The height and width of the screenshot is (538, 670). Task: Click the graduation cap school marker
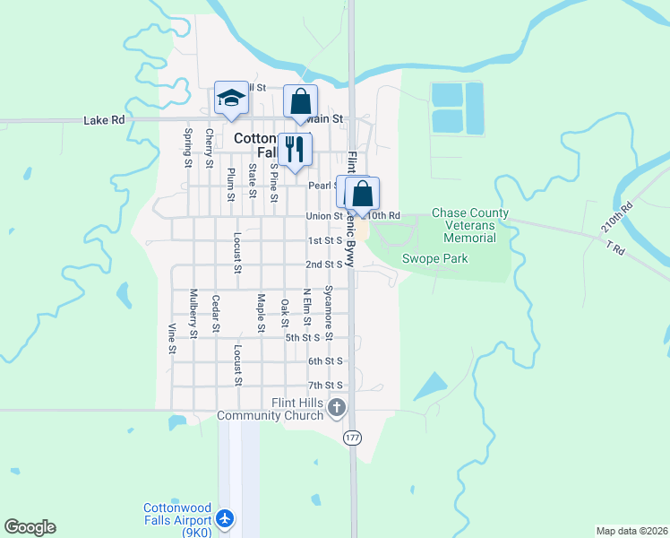pyautogui.click(x=231, y=100)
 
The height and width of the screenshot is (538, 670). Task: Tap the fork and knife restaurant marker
pyautogui.click(x=294, y=149)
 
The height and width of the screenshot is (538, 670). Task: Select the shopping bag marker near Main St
pyautogui.click(x=300, y=101)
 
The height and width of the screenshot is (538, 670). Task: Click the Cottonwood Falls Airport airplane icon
pyautogui.click(x=225, y=518)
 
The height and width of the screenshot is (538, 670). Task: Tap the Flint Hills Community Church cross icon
pyautogui.click(x=337, y=409)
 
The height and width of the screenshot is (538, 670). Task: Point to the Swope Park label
pyautogui.click(x=434, y=259)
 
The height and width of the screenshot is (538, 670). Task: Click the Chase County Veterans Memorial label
pyautogui.click(x=470, y=225)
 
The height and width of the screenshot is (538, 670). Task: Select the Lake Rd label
pyautogui.click(x=101, y=119)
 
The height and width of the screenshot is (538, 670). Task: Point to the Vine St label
pyautogui.click(x=170, y=337)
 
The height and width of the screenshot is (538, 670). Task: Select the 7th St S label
pyautogui.click(x=325, y=386)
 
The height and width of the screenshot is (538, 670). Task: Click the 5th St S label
pyautogui.click(x=303, y=337)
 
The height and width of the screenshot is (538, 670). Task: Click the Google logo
pyautogui.click(x=30, y=527)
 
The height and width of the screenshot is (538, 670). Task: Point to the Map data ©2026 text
pyautogui.click(x=631, y=531)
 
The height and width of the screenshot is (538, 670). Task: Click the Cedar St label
pyautogui.click(x=216, y=313)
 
